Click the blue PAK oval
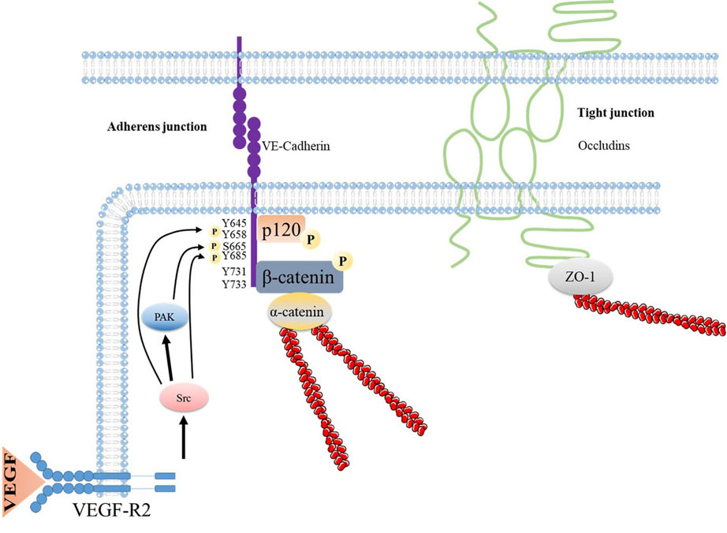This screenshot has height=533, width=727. coord(165,317)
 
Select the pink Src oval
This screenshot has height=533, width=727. coord(184,397)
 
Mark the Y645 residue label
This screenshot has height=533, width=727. coord(235,223)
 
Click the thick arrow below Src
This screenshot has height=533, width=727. coord(184,438)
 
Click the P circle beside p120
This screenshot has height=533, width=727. coord(311,237)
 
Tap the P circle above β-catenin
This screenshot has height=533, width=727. coord(343,259)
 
